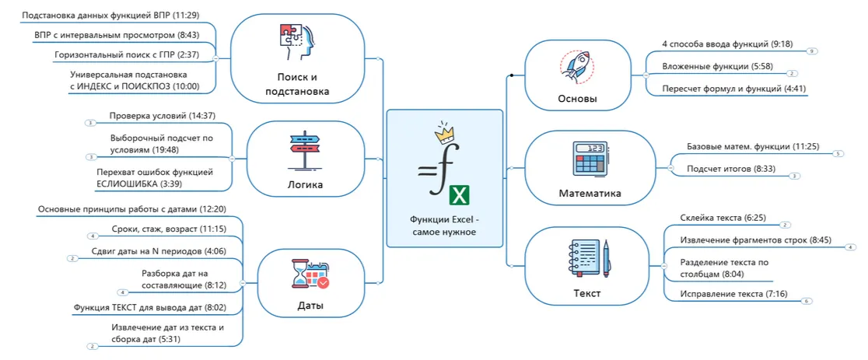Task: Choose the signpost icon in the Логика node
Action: (x=305, y=149)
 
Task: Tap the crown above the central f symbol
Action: (x=443, y=131)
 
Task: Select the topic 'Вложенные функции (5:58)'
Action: (x=706, y=67)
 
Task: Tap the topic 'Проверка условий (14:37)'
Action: (x=162, y=116)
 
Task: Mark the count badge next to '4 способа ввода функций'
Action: (x=812, y=51)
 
